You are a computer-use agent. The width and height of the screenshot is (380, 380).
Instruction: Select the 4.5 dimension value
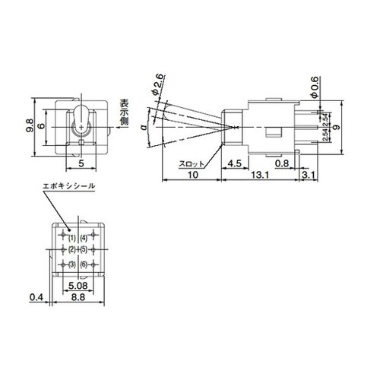[x=234, y=163]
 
